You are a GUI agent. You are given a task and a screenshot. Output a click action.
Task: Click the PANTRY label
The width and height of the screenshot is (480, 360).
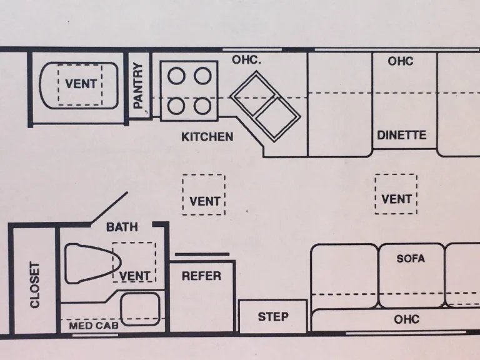pyautogui.click(x=139, y=84)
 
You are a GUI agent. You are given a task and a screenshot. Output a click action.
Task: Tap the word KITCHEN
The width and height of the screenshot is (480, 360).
pyautogui.click(x=207, y=137)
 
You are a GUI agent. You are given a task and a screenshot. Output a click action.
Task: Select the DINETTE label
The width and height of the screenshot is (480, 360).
pyautogui.click(x=402, y=135)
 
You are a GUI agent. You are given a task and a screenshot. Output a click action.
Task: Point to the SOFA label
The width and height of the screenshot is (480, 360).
pyautogui.click(x=411, y=258)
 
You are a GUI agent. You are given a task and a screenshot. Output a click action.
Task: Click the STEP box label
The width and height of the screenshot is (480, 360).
pyautogui.click(x=273, y=317)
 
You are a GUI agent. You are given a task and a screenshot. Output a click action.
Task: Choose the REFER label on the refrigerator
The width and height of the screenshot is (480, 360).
pyautogui.click(x=201, y=276)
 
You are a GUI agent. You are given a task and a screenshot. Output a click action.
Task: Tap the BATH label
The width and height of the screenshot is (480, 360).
pyautogui.click(x=122, y=227)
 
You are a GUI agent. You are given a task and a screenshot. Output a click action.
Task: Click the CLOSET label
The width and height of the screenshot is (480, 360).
pyautogui.click(x=35, y=285)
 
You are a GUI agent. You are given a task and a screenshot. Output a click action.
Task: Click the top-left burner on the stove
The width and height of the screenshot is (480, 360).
pyautogui.click(x=177, y=76)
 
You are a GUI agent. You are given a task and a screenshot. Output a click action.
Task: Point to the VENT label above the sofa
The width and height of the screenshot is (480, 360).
pyautogui.click(x=397, y=199)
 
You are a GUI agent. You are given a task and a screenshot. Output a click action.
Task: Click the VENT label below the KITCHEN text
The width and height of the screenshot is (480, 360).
pyautogui.click(x=204, y=201)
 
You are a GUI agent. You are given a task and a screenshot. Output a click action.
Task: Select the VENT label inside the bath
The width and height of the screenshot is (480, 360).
pyautogui.click(x=135, y=276)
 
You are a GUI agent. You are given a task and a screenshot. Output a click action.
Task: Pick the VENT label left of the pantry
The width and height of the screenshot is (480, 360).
pyautogui.click(x=81, y=84)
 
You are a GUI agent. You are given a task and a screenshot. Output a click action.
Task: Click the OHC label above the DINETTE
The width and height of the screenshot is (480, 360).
pyautogui.click(x=401, y=61)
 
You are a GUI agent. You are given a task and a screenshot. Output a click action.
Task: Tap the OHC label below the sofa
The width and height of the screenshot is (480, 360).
pyautogui.click(x=406, y=319)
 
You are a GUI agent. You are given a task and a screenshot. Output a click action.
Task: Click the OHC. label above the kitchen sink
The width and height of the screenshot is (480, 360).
pyautogui.click(x=246, y=60)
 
